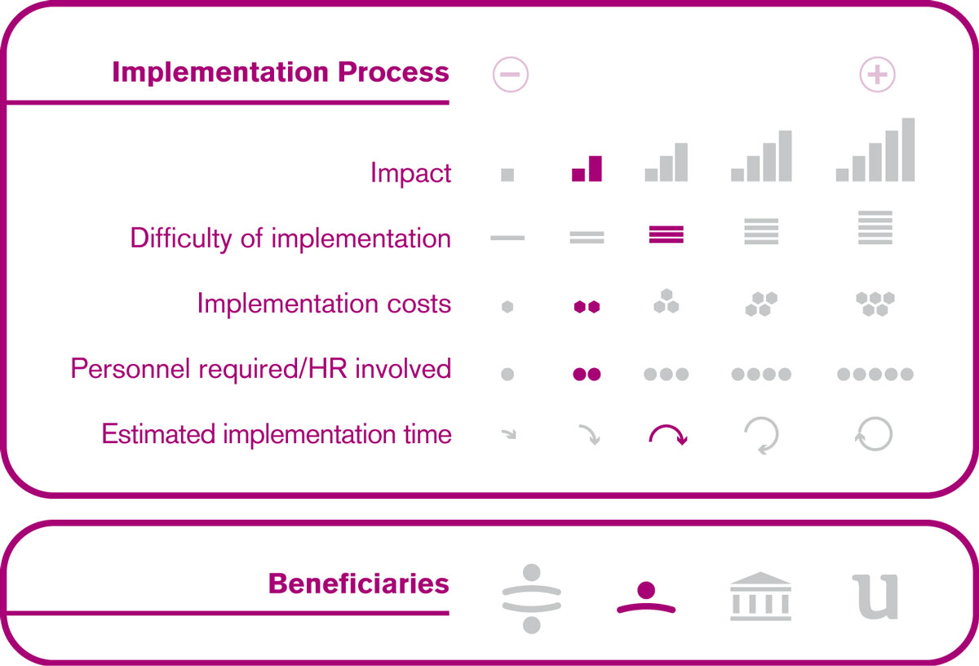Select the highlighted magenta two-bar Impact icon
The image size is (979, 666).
pos(587,168)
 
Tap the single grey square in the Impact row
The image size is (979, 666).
pos(507,175)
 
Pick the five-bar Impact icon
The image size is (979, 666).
pos(875,149)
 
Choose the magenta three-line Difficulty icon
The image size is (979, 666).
pos(666,234)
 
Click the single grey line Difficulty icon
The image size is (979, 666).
pos(507,238)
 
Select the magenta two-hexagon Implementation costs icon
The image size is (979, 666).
pos(587,307)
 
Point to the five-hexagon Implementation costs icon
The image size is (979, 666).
pos(875,304)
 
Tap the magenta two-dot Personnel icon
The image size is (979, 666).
pos(587,374)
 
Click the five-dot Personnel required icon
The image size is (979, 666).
pos(875,374)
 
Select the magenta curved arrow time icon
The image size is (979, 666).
pos(668,427)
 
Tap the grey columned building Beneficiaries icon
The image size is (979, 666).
pos(760,597)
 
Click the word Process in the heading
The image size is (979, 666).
pos(393,72)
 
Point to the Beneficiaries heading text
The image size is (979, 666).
pos(359,584)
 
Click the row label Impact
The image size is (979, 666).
pos(410,173)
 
